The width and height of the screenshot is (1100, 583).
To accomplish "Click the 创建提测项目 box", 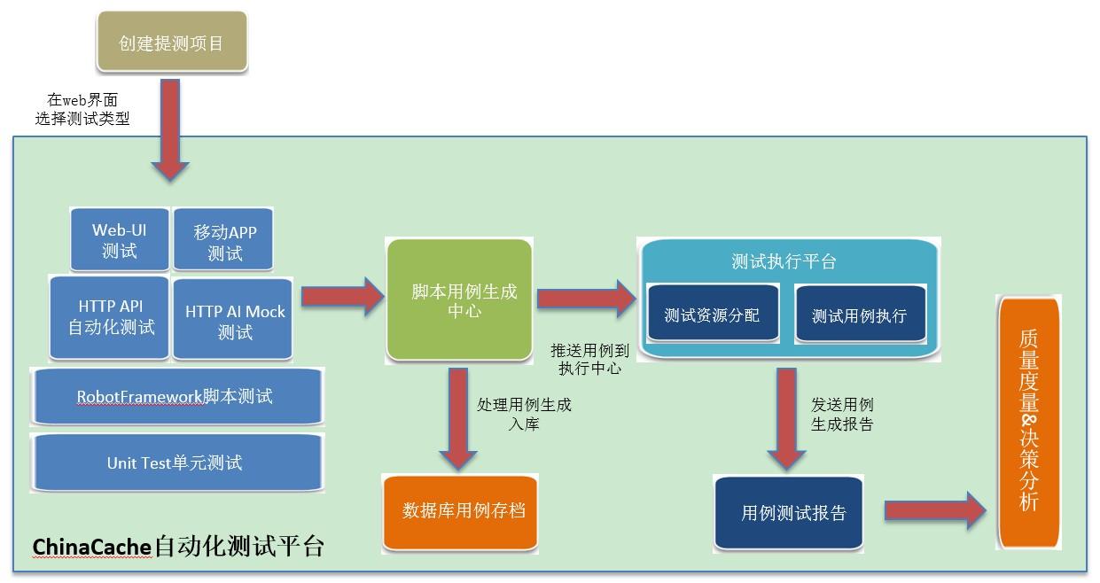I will (x=171, y=43).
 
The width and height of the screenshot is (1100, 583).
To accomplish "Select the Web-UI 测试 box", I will (x=120, y=240).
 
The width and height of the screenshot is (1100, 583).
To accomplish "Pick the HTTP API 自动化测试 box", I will (x=110, y=317).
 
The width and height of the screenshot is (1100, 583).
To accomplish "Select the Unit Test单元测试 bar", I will (x=176, y=463).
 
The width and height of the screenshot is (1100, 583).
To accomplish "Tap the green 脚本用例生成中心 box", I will (x=459, y=300).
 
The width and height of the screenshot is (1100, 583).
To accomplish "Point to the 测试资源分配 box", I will (x=712, y=315).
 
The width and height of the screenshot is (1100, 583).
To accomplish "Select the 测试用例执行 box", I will (x=859, y=315).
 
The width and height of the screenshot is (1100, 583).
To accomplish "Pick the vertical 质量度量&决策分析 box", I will (x=1028, y=420).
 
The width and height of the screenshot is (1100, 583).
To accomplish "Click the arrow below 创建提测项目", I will (x=170, y=129).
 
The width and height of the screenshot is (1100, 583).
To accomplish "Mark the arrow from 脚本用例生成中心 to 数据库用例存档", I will (x=458, y=416).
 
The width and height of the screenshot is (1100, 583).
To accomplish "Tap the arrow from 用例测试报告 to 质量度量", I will (x=935, y=510).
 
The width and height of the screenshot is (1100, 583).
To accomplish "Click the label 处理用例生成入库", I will (x=525, y=414).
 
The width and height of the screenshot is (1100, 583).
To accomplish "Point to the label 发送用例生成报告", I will (x=842, y=414).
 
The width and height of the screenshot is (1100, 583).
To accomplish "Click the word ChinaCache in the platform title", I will (x=91, y=548).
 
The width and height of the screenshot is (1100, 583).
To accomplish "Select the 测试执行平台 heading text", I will (x=784, y=261).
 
